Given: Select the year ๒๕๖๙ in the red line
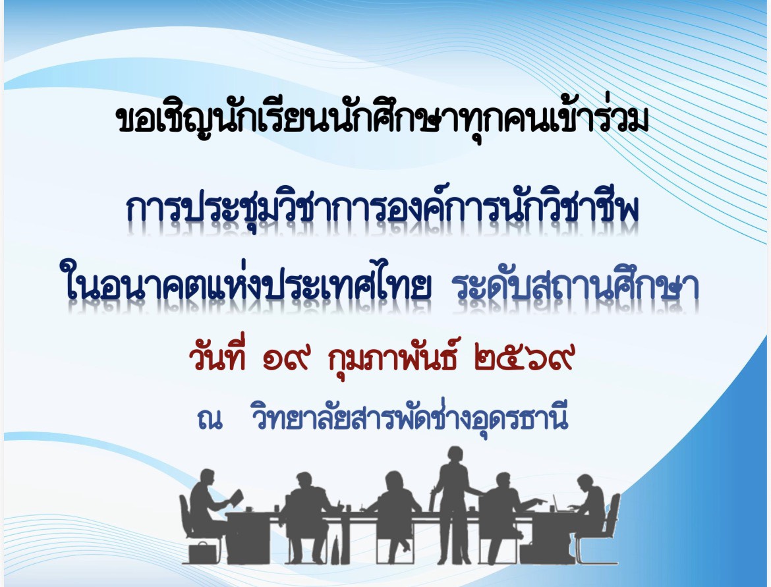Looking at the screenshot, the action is point(524,360).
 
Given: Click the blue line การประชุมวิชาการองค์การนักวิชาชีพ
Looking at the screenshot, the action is point(383,209).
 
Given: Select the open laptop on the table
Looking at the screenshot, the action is point(559,504).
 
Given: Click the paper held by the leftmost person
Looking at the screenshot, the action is point(237,497).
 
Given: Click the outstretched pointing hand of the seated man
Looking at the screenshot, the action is point(540,501).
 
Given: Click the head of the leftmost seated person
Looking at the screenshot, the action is point(206,478).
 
